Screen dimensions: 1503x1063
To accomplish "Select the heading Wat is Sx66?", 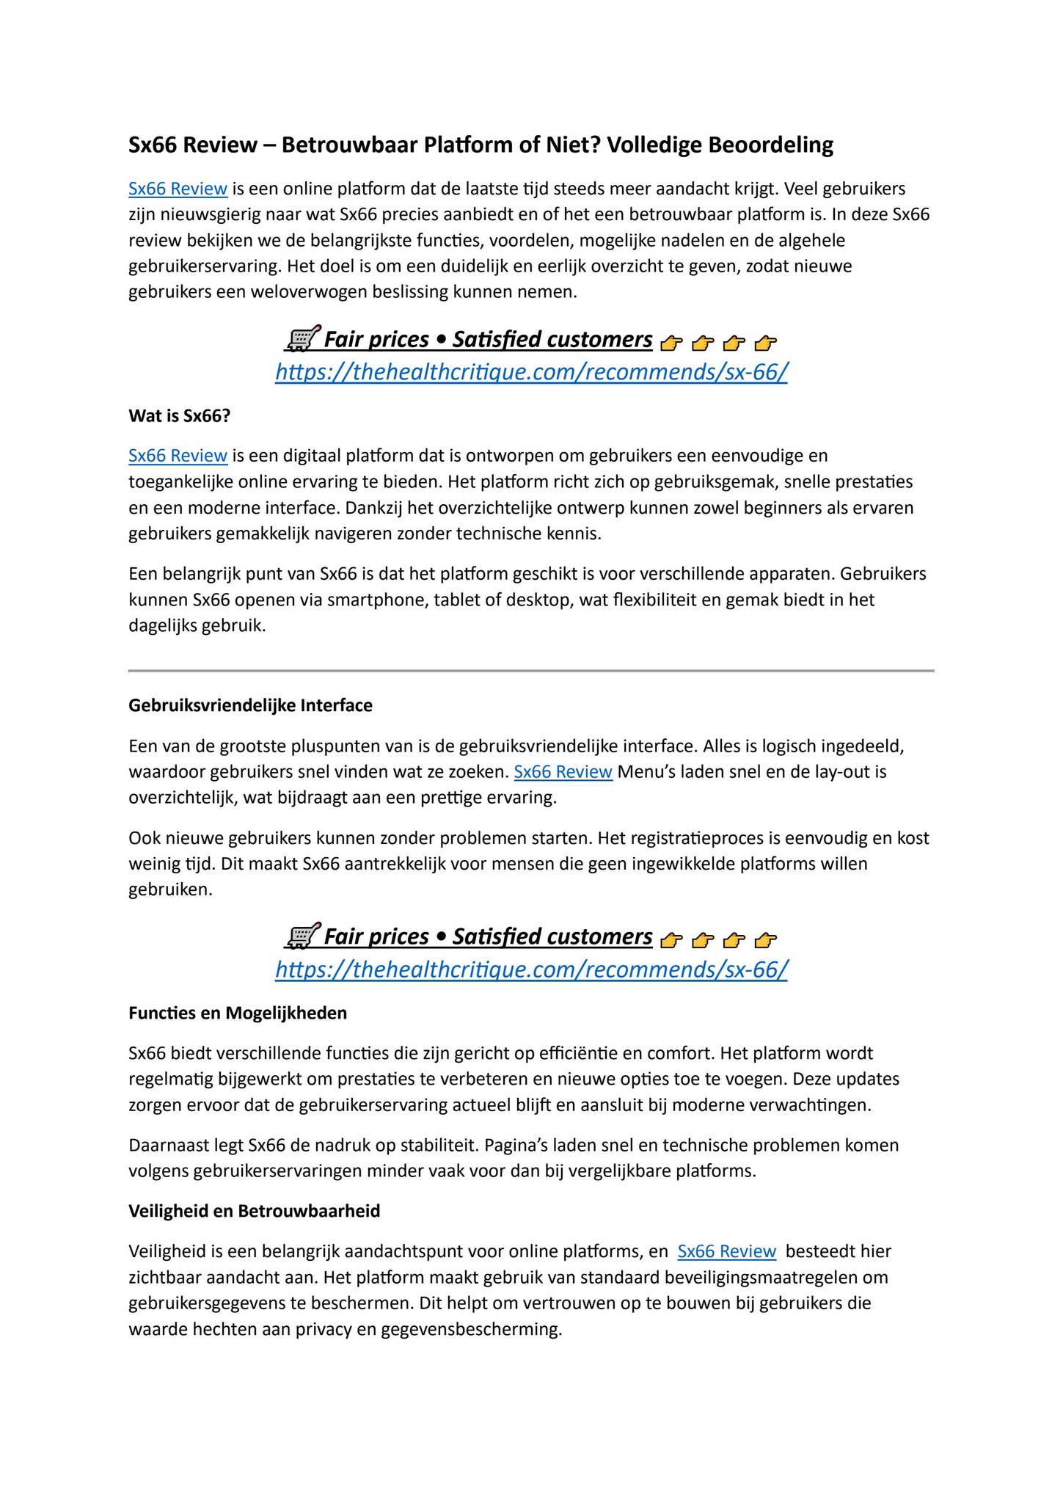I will [179, 415].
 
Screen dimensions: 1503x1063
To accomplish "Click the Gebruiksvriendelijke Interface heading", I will [250, 705].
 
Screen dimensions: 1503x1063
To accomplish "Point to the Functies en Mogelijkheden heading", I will [238, 1013].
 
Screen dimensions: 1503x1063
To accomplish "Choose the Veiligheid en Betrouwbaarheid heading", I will [254, 1211].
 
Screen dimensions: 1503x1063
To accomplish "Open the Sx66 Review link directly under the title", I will [178, 189].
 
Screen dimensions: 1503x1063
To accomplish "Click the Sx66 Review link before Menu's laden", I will [563, 772].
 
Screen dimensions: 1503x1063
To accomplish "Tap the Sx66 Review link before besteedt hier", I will [726, 1251].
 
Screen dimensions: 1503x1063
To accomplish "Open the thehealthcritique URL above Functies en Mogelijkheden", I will [531, 969].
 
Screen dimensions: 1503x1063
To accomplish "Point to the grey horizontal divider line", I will [531, 670].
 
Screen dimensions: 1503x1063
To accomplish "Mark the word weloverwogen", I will [307, 292].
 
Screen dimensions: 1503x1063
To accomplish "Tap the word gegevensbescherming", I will [471, 1328].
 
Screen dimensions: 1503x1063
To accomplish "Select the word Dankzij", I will [375, 508].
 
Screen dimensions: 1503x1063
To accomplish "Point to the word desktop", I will [540, 600].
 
